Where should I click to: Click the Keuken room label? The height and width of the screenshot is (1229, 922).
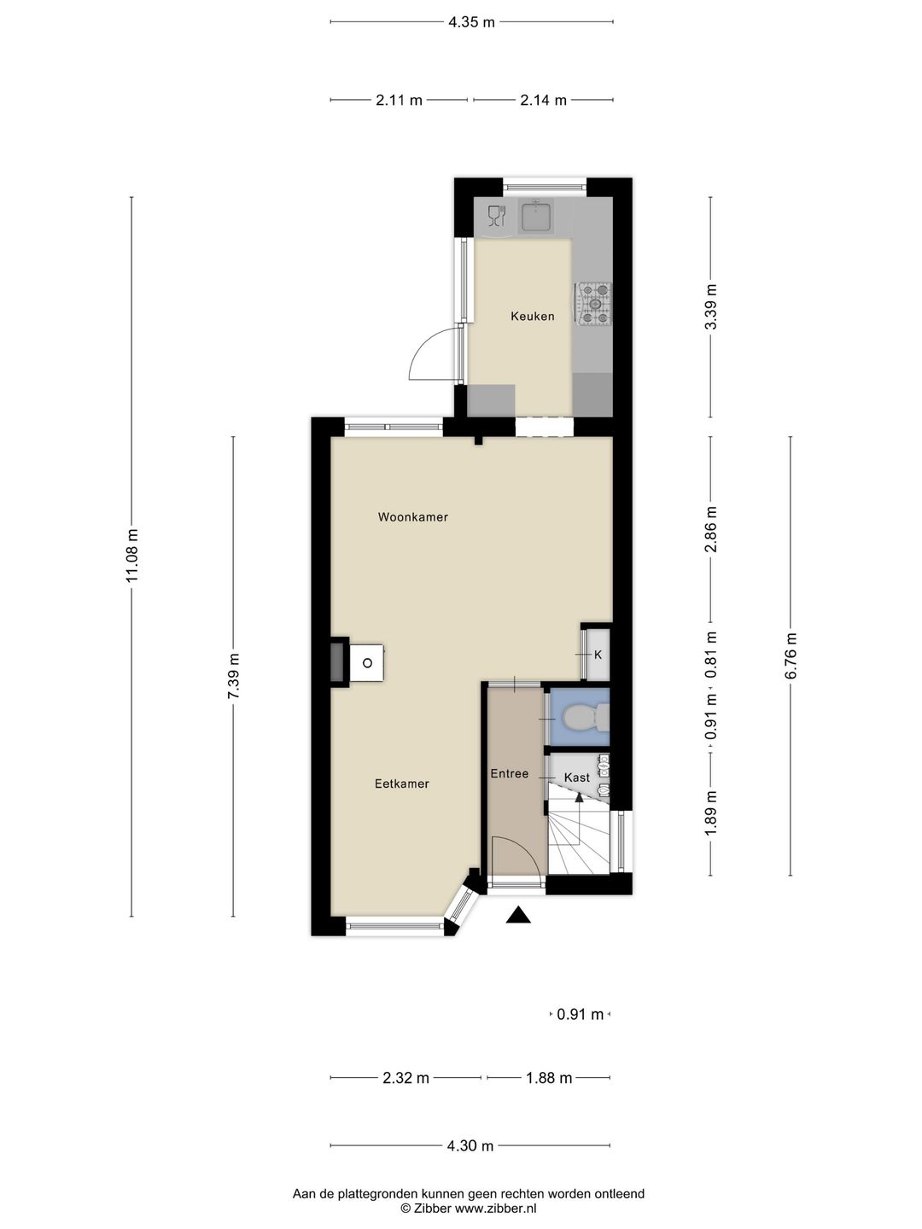[532, 317]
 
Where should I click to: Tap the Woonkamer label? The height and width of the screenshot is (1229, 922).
[412, 517]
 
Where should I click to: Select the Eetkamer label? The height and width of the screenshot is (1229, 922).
[401, 783]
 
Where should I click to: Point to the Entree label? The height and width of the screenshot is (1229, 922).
[509, 774]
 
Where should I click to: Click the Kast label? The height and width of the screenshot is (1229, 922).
[576, 778]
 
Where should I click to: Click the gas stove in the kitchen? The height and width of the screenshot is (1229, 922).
[595, 305]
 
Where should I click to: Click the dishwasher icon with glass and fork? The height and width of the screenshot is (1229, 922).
[496, 216]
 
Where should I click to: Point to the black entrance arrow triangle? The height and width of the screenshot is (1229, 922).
[518, 916]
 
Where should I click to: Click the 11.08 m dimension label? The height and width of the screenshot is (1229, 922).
[131, 556]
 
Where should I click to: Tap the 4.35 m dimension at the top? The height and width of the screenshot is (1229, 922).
[471, 22]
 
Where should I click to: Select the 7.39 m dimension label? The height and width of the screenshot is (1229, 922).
[233, 676]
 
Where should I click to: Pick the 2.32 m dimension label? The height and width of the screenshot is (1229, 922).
[406, 1078]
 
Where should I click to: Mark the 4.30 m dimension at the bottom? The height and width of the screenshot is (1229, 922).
[470, 1146]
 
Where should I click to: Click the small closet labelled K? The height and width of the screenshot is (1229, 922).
[598, 655]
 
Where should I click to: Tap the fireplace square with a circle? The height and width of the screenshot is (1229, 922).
[367, 662]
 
